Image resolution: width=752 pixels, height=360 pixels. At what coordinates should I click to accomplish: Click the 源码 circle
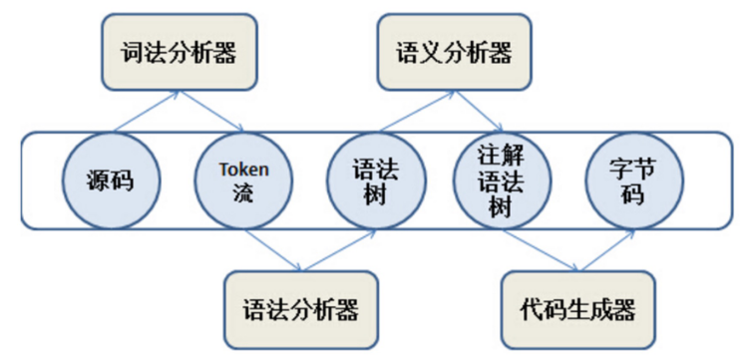pos(110,180)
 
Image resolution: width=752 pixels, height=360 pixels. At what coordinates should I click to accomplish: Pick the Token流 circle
pos(243,180)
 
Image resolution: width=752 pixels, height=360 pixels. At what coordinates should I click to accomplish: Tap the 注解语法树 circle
pos(504,180)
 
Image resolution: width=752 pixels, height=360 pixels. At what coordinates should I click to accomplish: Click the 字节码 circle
pos(632,180)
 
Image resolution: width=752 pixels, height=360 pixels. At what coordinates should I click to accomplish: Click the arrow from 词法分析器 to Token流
pos(212,111)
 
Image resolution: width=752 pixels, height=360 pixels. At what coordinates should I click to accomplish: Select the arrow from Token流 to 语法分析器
pos(271,249)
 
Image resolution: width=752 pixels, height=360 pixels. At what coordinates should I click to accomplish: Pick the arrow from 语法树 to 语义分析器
pos(414,111)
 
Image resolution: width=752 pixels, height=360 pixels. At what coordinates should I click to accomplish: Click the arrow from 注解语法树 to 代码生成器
pos(541,250)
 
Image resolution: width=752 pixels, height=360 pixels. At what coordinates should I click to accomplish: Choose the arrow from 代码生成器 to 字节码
pos(604,250)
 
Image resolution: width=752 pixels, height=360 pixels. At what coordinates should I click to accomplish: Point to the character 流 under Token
pos(243,191)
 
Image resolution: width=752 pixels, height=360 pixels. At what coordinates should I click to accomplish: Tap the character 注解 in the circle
pos(504,156)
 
